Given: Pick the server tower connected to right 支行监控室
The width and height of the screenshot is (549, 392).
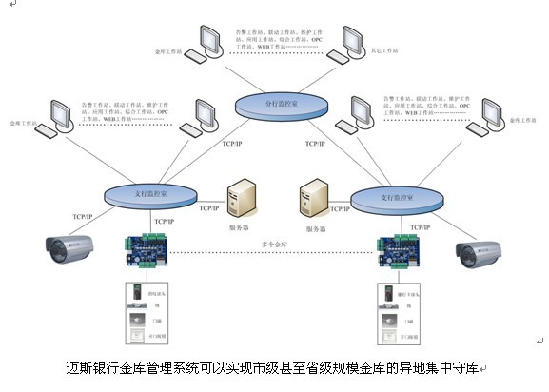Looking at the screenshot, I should tap(313, 202).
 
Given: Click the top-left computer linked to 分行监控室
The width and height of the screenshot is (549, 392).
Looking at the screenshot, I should tap(207, 44).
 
